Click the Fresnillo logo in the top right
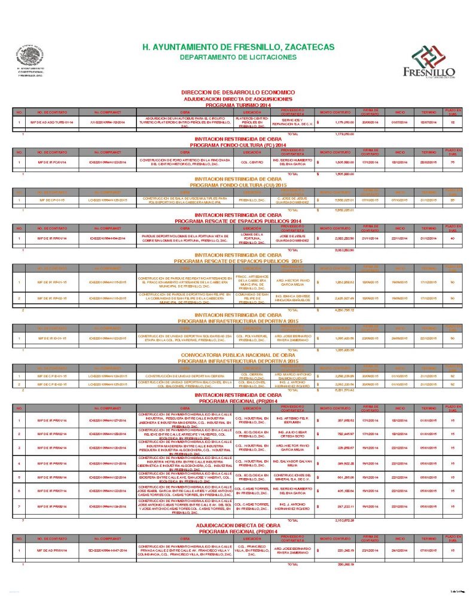[429, 62]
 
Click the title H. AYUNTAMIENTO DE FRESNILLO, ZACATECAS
[237, 47]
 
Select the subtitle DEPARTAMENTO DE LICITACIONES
[237, 57]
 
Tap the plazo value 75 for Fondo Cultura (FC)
[453, 162]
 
